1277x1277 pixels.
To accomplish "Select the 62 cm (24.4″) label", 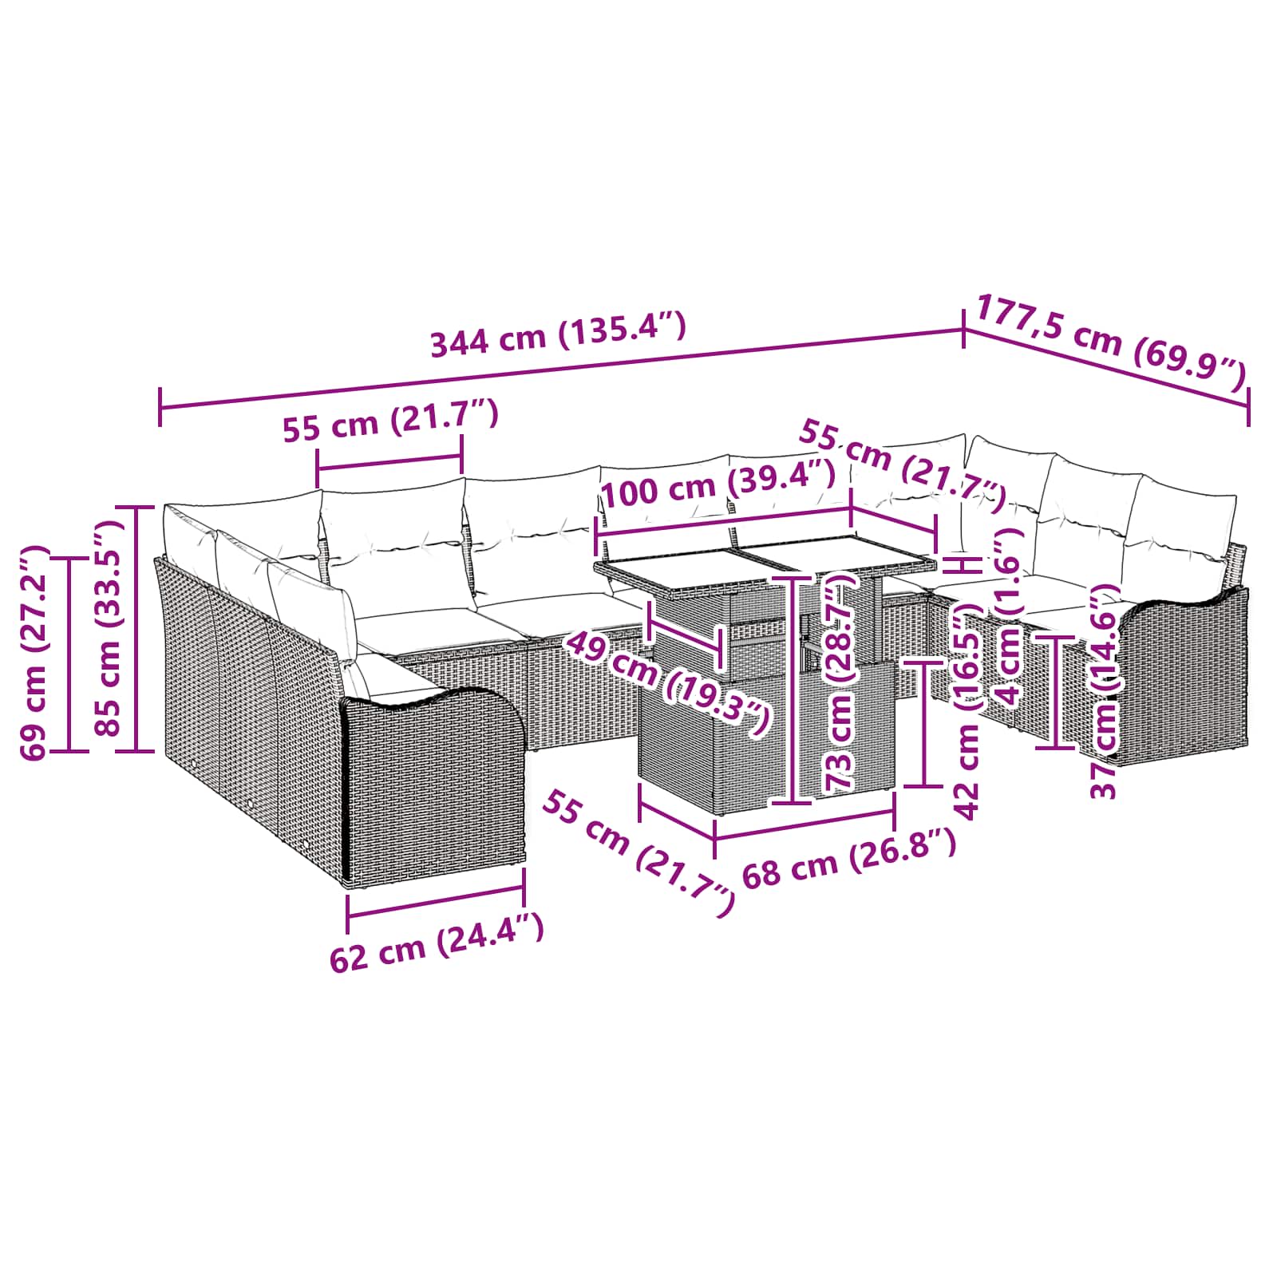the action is coord(437,943).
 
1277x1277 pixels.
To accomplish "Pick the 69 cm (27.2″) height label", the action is coord(34,652).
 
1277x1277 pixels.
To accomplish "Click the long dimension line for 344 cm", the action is coord(562,370).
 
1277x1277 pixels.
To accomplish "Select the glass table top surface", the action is coord(765,563).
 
